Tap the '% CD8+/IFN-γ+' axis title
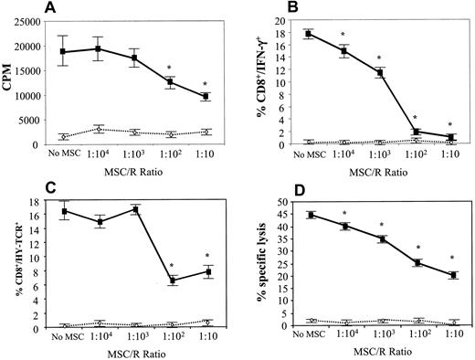point(259,86)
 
